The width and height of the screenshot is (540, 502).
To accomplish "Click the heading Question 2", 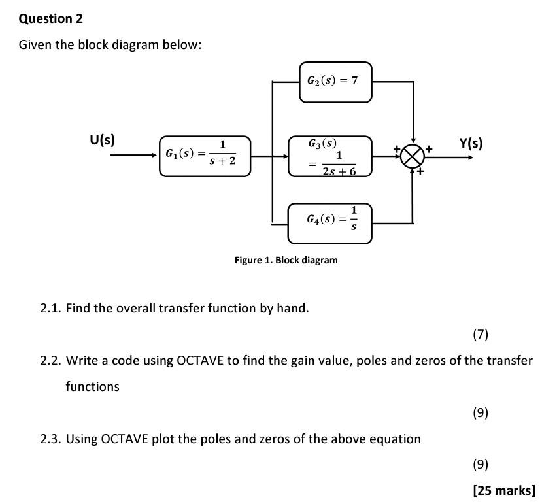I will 51,18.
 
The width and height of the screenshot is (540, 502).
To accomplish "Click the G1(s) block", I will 205,156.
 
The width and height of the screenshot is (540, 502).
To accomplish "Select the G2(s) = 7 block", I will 335,82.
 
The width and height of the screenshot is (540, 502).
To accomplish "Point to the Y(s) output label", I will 471,142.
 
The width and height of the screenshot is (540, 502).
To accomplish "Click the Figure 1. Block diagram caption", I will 286,260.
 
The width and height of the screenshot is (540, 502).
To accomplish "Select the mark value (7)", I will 481,335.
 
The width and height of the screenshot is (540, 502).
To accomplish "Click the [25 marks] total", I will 503,490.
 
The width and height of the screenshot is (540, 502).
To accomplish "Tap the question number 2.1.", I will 50,308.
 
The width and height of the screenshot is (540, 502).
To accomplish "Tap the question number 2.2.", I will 50,360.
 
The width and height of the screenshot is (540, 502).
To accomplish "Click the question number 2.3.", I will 50,439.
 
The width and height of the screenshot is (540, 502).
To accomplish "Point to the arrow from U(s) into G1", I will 134,156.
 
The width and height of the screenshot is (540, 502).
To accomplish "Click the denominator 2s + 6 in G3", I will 339,171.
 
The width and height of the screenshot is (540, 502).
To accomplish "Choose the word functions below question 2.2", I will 92,386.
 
